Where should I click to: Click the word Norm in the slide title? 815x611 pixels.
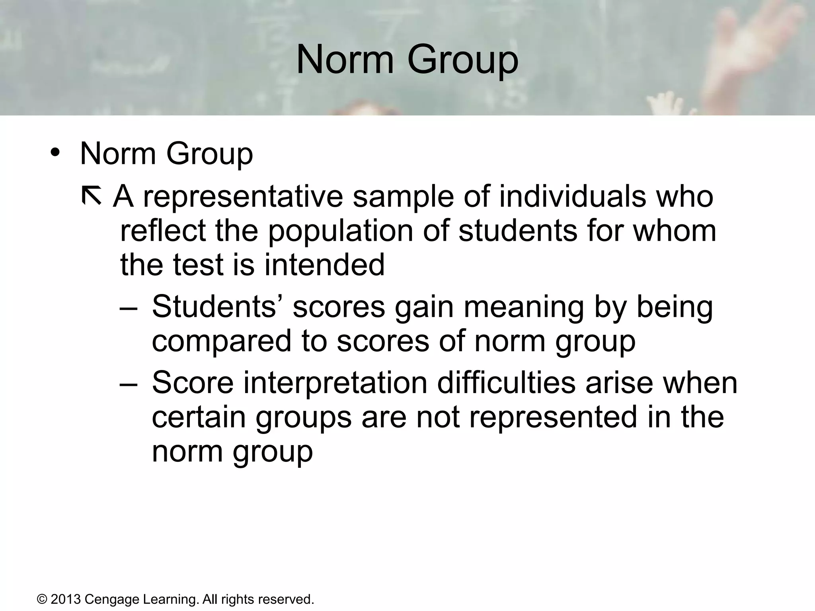point(345,60)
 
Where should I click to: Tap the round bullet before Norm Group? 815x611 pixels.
point(55,153)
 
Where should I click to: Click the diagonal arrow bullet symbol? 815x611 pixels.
point(91,197)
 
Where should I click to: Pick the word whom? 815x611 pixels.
point(675,231)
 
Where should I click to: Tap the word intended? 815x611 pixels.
point(324,265)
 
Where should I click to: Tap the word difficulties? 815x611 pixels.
point(506,383)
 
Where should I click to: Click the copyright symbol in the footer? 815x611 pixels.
point(41,599)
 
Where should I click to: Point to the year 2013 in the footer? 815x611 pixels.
point(65,599)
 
